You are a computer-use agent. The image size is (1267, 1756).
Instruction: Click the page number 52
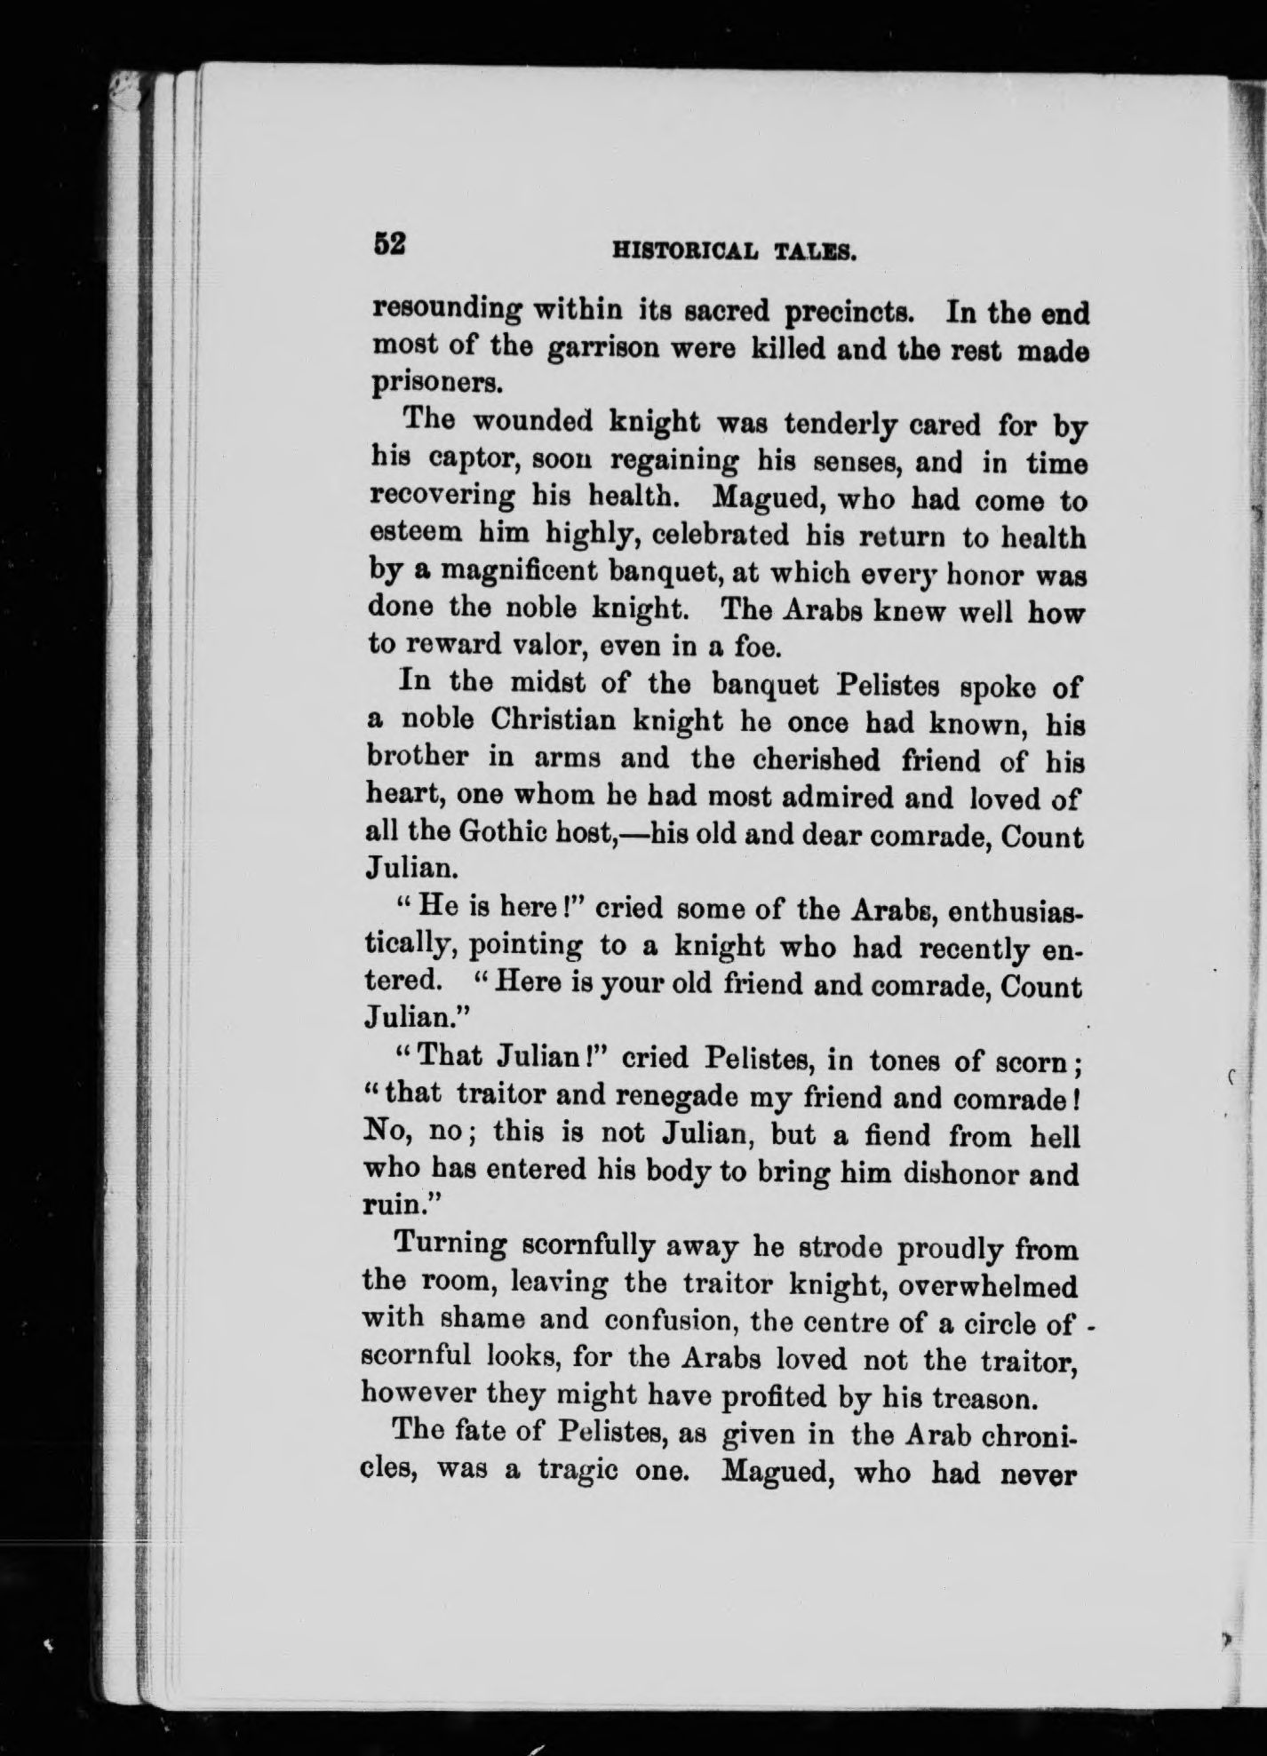click(390, 243)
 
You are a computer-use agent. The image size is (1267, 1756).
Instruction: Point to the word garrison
click(602, 349)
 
